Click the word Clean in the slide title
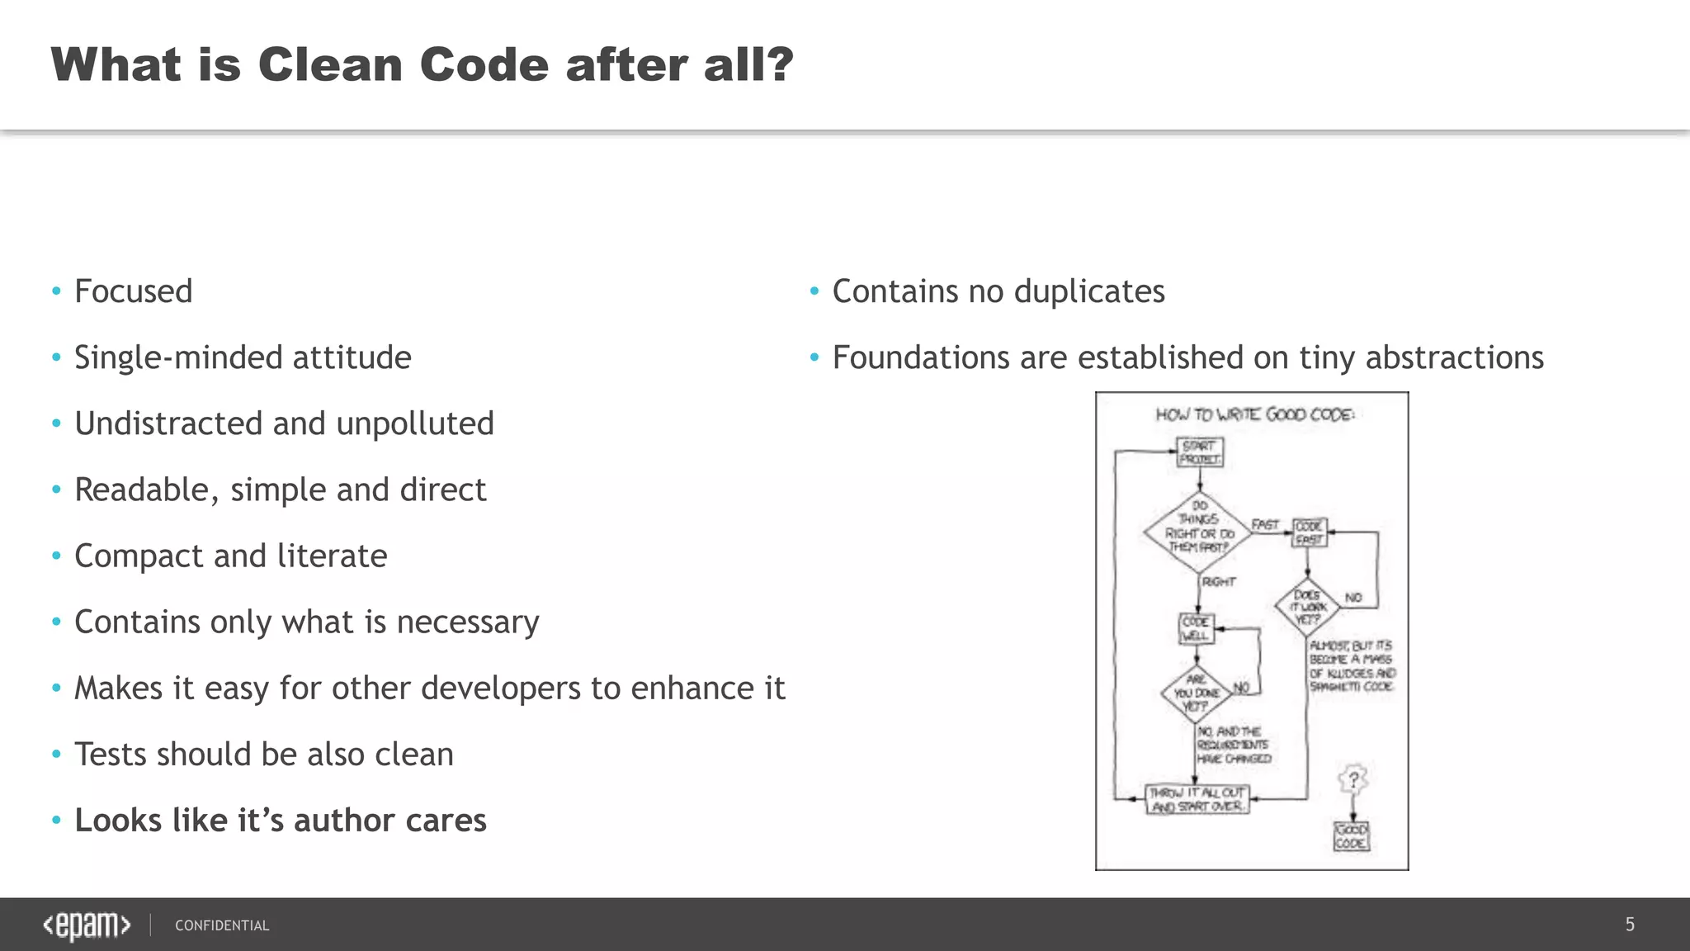coord(328,64)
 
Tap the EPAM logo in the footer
coord(87,925)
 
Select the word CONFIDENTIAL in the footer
coord(222,925)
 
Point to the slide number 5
coord(1630,925)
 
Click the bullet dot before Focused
coord(56,291)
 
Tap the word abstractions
coord(1454,357)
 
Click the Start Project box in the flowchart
coord(1199,452)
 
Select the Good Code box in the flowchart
coord(1351,835)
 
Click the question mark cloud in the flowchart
coord(1353,778)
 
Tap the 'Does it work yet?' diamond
coord(1307,607)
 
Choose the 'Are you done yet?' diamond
coord(1196,693)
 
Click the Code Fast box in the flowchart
coord(1309,532)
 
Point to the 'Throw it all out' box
coord(1197,799)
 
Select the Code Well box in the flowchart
coord(1196,629)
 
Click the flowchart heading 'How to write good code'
coord(1254,414)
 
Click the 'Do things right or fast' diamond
coord(1198,532)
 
